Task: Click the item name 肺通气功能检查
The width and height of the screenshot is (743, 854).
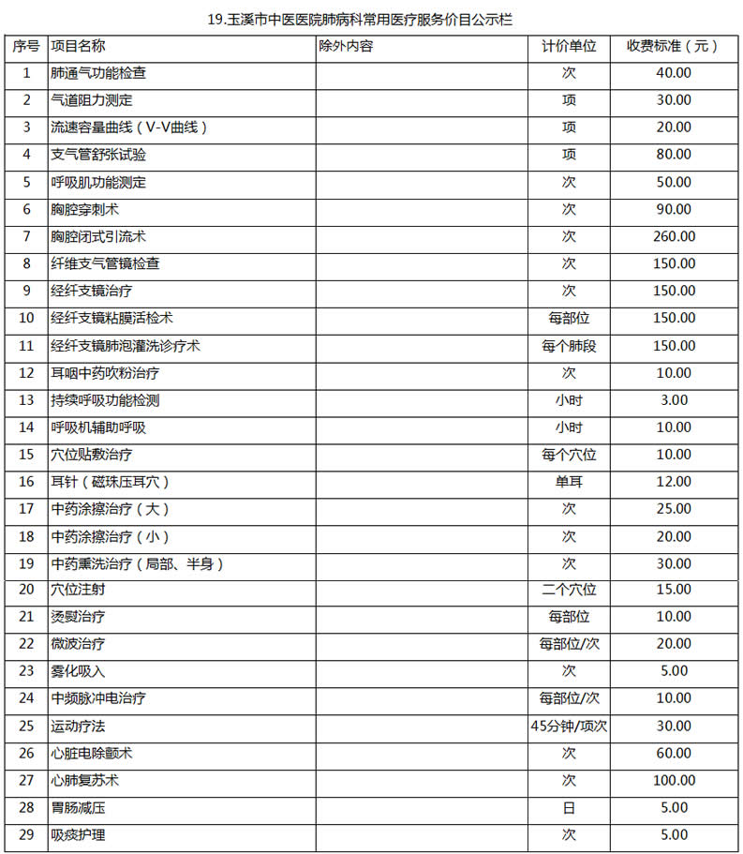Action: click(x=98, y=73)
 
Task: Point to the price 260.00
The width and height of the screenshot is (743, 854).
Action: click(x=673, y=236)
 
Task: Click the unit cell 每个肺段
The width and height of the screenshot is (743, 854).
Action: click(x=569, y=346)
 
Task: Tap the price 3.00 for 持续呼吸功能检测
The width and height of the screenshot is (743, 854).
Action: click(x=673, y=400)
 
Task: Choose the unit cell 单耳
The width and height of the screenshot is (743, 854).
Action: click(x=569, y=482)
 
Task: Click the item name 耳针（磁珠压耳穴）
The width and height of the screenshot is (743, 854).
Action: click(x=111, y=482)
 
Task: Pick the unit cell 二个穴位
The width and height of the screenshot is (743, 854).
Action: click(x=569, y=591)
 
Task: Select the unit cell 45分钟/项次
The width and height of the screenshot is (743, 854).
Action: click(x=569, y=727)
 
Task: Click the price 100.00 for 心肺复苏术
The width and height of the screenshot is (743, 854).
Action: click(x=673, y=781)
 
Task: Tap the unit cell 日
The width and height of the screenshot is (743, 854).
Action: click(x=569, y=808)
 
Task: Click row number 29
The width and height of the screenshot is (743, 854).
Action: click(x=26, y=835)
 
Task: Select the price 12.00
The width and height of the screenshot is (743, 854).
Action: click(x=673, y=482)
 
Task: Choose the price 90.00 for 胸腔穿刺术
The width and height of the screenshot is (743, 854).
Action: click(x=673, y=209)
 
